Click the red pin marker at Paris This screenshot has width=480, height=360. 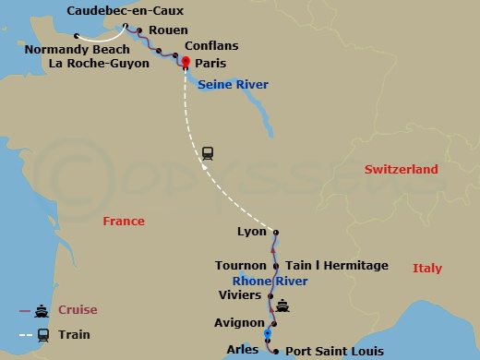186,63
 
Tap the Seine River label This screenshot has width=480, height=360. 232,85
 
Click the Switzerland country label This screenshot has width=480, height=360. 401,170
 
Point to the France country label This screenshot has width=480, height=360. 124,222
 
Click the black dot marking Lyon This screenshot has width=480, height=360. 276,233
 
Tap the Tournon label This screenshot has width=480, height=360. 240,266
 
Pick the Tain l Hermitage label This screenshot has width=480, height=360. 337,266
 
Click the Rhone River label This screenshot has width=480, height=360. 270,282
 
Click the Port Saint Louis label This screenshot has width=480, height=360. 333,351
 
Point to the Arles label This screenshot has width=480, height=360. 242,348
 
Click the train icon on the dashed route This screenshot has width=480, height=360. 208,154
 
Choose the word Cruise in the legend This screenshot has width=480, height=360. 78,310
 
